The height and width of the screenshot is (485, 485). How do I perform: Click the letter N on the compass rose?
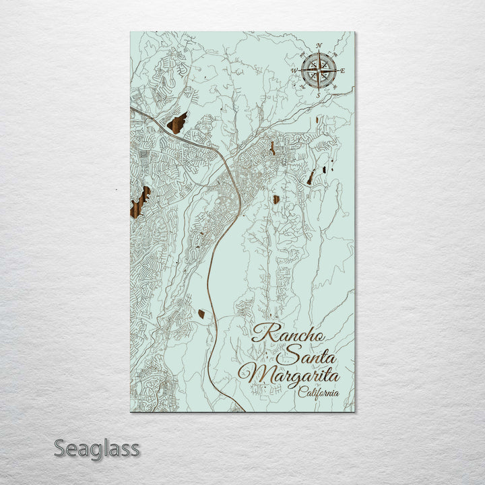click(x=319, y=46)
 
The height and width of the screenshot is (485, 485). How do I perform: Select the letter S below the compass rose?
click(x=318, y=95)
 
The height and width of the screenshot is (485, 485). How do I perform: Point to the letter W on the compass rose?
click(x=294, y=70)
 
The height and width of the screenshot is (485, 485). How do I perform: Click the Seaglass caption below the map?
click(x=96, y=448)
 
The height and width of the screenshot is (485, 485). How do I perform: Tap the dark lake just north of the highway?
click(x=177, y=123)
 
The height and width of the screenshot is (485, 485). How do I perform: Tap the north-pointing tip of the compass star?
click(x=319, y=53)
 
